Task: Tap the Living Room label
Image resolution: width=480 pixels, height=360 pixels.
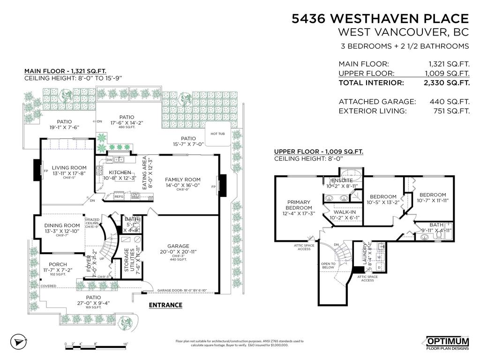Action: (69, 168)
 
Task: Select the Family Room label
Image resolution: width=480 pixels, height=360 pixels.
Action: (182, 180)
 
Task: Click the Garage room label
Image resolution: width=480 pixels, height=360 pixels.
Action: (178, 246)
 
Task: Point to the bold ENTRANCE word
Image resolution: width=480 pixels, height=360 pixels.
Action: (165, 305)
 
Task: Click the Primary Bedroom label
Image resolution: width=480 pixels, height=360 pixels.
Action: (299, 205)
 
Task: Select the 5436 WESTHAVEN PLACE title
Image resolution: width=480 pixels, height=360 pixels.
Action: (380, 19)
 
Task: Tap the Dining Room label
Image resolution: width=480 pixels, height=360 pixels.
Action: (62, 225)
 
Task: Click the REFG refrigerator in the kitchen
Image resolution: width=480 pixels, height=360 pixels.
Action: (119, 197)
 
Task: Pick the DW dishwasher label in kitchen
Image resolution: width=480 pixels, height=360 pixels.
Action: (109, 160)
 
